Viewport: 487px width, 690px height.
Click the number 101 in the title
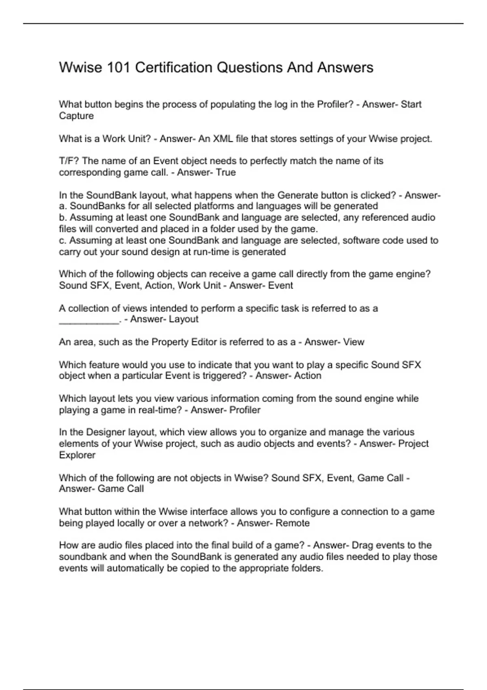(x=118, y=67)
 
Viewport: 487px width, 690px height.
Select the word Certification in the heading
(x=173, y=67)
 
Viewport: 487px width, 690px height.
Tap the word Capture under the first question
(x=76, y=116)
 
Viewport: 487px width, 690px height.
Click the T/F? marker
(x=69, y=161)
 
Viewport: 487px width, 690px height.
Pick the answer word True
(x=226, y=172)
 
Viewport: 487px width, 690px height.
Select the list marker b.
(x=62, y=218)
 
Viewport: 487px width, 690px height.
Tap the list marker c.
(x=62, y=240)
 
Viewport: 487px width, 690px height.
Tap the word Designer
(x=106, y=432)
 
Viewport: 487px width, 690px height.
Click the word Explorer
(x=77, y=455)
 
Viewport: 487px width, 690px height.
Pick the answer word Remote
(x=293, y=523)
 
